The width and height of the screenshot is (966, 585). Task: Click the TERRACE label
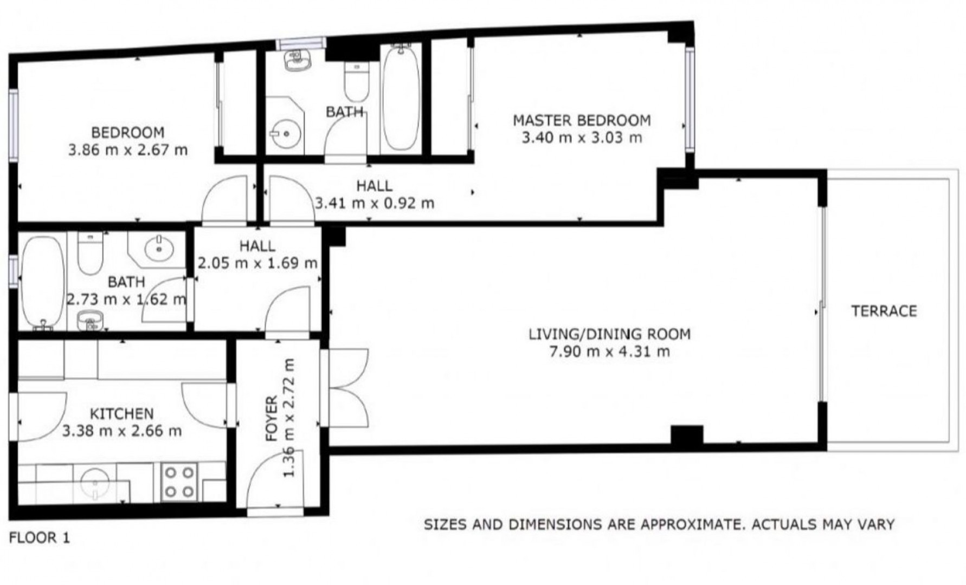[884, 311]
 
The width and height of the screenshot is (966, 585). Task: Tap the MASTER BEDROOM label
[582, 120]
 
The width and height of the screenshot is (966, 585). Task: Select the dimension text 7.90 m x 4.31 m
[610, 352]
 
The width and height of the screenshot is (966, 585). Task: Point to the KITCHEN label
[121, 414]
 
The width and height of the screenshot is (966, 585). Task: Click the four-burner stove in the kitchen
[180, 482]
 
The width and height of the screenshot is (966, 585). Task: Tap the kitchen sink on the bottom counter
[96, 483]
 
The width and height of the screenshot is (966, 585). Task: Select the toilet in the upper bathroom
[356, 81]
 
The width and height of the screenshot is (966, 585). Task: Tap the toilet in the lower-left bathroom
[90, 252]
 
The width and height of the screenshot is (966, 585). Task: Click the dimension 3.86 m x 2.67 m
[128, 149]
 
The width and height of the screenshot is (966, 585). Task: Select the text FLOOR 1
[40, 538]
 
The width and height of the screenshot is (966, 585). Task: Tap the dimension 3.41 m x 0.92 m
[375, 203]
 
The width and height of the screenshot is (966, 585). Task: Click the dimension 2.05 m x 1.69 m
[257, 263]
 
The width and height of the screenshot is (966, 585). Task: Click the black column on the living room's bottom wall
[687, 435]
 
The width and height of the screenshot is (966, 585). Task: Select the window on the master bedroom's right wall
[690, 100]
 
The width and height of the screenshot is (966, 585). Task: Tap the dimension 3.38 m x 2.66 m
[122, 431]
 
